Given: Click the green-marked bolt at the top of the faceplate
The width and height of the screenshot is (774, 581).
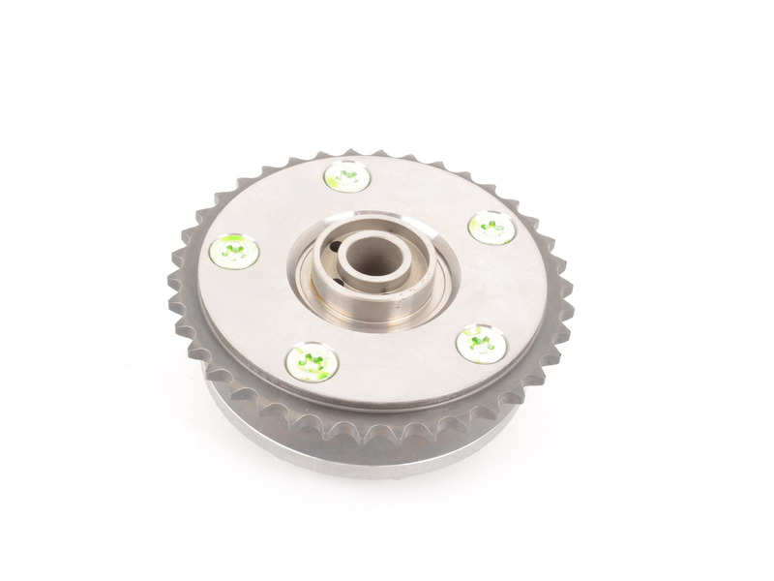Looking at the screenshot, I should [x=346, y=176].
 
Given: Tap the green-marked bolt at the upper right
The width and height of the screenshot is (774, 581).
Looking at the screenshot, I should [x=491, y=228].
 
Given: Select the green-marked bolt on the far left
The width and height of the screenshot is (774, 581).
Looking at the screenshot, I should [x=233, y=252].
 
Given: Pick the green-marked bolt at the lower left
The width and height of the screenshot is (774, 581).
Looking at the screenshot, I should [x=312, y=362].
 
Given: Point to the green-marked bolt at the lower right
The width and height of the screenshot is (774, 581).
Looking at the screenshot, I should [x=480, y=344].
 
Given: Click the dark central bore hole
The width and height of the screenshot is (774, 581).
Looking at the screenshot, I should [x=372, y=256].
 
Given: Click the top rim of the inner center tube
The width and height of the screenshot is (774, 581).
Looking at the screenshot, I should [x=372, y=236].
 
